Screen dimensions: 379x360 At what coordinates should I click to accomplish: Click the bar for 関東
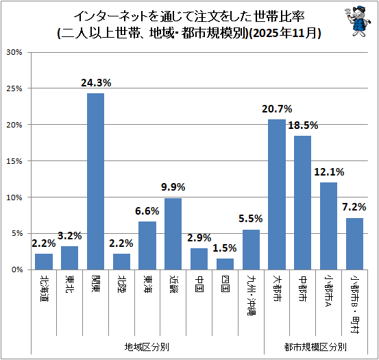point(95,181)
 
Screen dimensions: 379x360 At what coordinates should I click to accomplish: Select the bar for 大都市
point(277,194)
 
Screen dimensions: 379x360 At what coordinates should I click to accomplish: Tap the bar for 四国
point(225,264)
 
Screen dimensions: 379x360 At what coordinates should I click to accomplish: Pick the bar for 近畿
point(173,234)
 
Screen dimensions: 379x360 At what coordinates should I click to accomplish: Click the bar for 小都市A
point(328,226)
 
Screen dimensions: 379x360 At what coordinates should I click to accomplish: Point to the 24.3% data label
point(96,83)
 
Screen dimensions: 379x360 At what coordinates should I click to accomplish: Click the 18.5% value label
point(303,125)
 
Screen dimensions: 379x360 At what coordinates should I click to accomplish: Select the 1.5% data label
point(225,248)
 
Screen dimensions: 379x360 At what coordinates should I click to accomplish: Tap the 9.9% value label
point(173,187)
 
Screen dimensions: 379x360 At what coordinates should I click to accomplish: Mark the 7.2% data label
point(354,207)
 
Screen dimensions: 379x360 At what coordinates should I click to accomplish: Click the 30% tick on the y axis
point(14,52)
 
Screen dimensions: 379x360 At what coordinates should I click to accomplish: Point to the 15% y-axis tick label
point(14,161)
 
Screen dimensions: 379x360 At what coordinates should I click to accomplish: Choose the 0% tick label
point(17,269)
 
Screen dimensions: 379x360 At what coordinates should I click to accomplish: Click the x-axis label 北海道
point(44,288)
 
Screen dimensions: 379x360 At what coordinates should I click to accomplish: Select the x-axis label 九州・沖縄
point(251,295)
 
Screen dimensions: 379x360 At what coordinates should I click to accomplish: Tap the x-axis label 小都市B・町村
point(354,304)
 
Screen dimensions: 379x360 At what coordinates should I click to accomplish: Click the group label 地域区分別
point(147,347)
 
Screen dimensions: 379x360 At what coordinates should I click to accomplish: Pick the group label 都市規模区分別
point(315,347)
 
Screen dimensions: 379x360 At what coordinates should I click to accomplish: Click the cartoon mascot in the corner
point(358,21)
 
